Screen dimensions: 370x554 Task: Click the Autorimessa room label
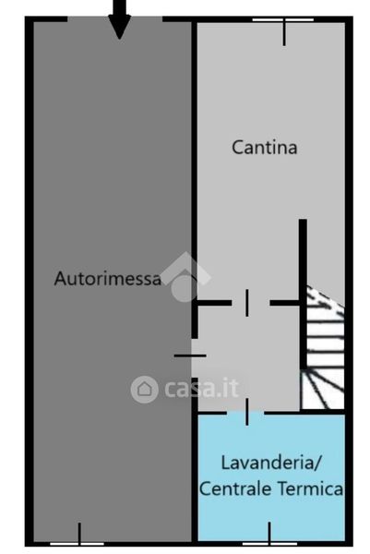click(x=108, y=279)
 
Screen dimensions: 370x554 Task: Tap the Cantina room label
click(x=265, y=147)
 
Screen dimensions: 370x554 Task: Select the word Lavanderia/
click(x=271, y=463)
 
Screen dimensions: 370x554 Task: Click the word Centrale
click(x=235, y=488)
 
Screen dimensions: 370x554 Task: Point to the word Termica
click(x=310, y=488)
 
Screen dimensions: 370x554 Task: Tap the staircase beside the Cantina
click(x=323, y=348)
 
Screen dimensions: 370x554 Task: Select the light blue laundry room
click(x=271, y=477)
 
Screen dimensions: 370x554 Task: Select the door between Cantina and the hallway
click(x=247, y=303)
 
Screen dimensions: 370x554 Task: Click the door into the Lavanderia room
click(x=246, y=412)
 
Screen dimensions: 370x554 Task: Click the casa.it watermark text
click(x=202, y=389)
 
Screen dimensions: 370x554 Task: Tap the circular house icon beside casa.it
click(x=144, y=389)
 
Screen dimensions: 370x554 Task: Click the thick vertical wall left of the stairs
click(x=303, y=294)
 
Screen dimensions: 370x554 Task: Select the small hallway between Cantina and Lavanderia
click(x=247, y=357)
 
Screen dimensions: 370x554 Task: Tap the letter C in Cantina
click(x=237, y=148)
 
